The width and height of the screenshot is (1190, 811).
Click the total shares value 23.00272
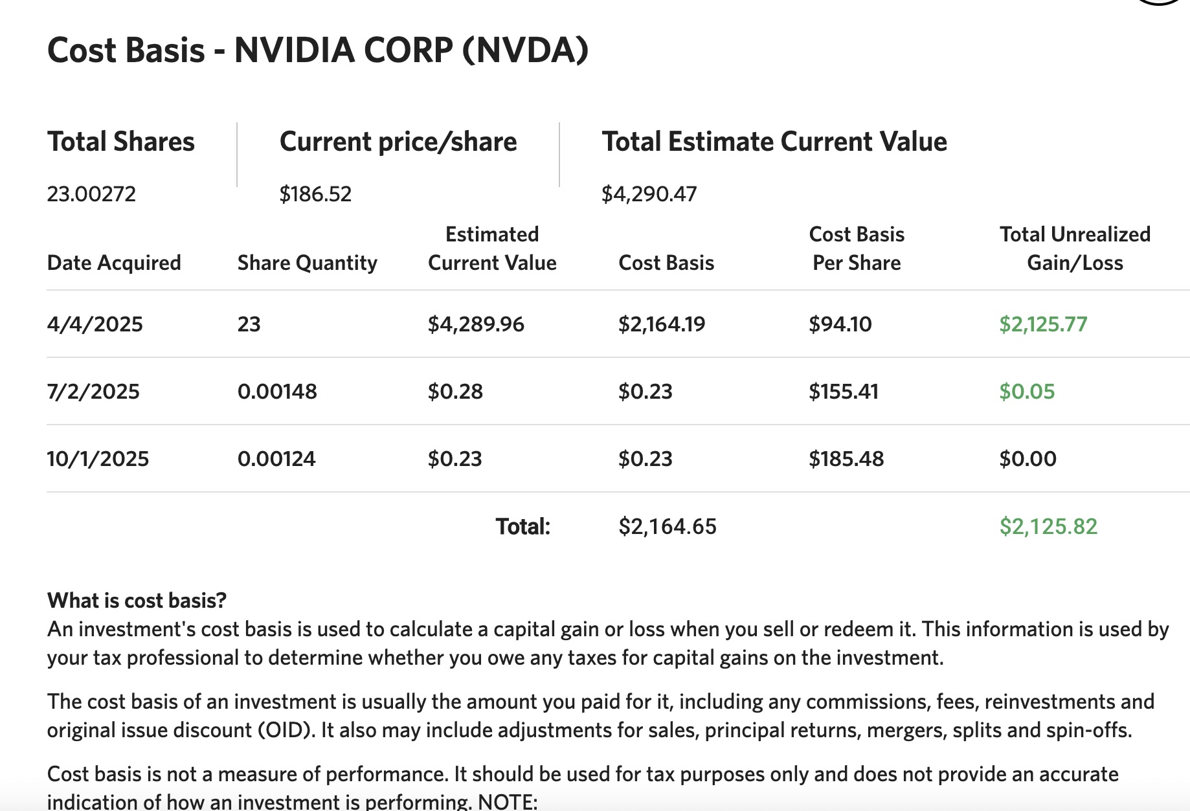coord(91,194)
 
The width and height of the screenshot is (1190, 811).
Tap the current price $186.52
coord(315,194)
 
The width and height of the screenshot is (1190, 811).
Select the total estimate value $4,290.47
coord(649,194)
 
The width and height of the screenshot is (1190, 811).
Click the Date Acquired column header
coord(114,263)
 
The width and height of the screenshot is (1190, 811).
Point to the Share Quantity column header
coord(307,263)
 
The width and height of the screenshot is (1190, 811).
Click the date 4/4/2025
coord(95,324)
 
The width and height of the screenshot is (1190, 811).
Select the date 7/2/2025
coord(93,392)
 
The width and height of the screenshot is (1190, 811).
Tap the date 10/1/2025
coord(98,459)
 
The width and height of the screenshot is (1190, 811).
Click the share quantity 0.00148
coord(277,392)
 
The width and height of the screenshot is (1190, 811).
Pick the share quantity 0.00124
coord(276,459)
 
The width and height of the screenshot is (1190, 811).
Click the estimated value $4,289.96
coord(476,324)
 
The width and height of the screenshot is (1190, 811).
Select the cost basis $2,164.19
coord(662,324)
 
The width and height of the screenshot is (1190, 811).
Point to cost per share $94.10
coord(840,324)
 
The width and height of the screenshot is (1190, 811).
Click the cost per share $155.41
coord(843,392)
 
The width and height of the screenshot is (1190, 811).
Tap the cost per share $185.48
coord(846,459)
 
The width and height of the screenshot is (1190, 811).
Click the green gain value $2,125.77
coord(1043,324)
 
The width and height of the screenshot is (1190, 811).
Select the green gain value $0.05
coord(1027,392)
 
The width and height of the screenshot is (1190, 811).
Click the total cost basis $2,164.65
coord(668,526)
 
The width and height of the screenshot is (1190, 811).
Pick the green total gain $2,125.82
coord(1048,526)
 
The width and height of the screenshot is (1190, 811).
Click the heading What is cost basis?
coord(137,601)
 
